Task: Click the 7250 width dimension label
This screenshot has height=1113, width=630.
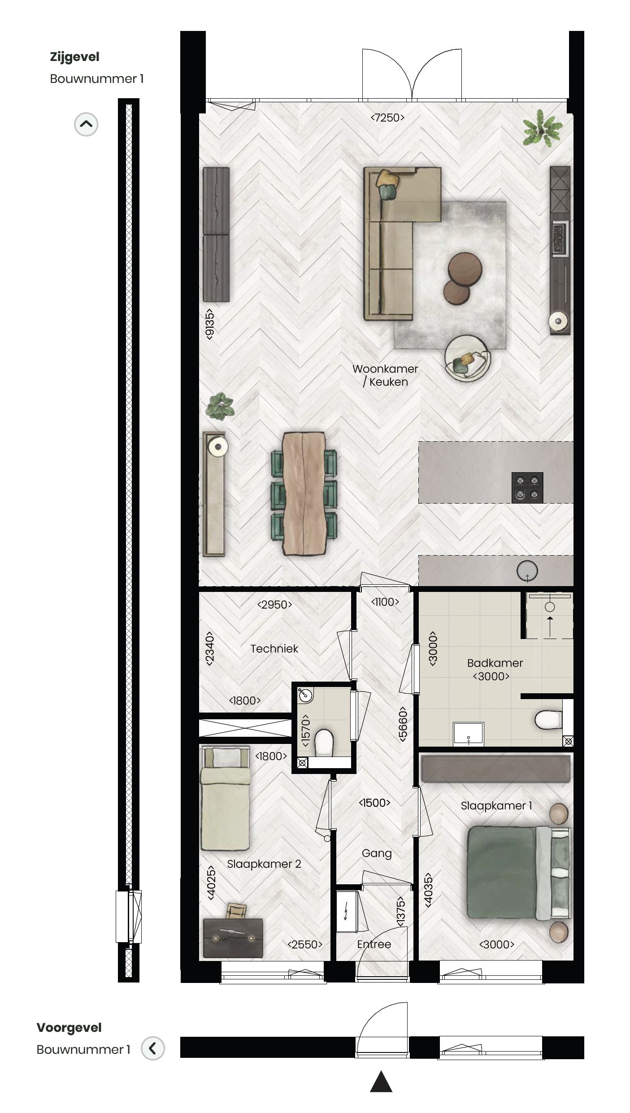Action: click(387, 117)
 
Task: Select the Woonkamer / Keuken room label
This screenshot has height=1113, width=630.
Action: click(385, 375)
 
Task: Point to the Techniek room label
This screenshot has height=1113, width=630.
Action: click(274, 648)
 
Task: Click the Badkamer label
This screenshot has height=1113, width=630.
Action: click(495, 663)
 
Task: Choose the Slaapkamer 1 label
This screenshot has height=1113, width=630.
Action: click(496, 805)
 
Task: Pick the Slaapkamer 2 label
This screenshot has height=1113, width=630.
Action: click(264, 864)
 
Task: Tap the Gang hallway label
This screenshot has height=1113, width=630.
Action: click(377, 853)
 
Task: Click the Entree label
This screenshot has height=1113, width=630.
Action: click(374, 944)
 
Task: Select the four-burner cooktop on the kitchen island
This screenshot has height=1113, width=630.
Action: click(527, 487)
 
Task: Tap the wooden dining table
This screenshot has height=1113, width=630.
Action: click(304, 493)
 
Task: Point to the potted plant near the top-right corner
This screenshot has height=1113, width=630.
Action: click(542, 129)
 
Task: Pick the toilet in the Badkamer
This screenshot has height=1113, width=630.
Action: click(548, 720)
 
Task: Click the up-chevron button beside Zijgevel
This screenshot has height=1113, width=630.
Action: click(86, 124)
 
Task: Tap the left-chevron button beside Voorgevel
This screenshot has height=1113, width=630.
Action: click(153, 1048)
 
